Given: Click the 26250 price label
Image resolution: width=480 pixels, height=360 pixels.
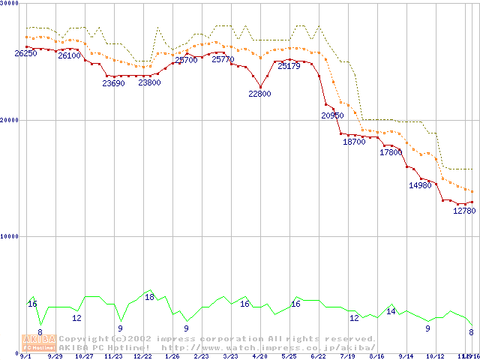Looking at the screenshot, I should pyautogui.click(x=25, y=54).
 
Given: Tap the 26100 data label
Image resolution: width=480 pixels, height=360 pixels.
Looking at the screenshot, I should pyautogui.click(x=70, y=56).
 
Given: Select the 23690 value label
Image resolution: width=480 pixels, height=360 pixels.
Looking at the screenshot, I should pyautogui.click(x=114, y=83).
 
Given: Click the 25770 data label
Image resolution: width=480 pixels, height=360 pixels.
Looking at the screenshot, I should pyautogui.click(x=223, y=59).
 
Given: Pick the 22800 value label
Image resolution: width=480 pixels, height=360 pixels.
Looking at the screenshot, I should pyautogui.click(x=259, y=94).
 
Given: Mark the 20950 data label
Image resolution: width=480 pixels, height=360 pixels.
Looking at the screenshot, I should pyautogui.click(x=332, y=115).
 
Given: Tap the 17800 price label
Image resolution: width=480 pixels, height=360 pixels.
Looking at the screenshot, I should pyautogui.click(x=391, y=152).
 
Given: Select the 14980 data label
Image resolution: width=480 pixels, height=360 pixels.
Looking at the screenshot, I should pyautogui.click(x=420, y=185).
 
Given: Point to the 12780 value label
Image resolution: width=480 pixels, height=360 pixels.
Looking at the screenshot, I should pyautogui.click(x=464, y=211).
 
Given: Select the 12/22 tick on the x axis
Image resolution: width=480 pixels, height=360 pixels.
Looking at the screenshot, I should pyautogui.click(x=143, y=356).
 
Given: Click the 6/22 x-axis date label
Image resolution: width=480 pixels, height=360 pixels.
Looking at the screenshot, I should pyautogui.click(x=318, y=356).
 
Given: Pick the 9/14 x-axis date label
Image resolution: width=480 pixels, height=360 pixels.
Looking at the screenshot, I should pyautogui.click(x=406, y=356).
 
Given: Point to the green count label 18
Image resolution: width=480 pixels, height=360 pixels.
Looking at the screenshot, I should pyautogui.click(x=149, y=297).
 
